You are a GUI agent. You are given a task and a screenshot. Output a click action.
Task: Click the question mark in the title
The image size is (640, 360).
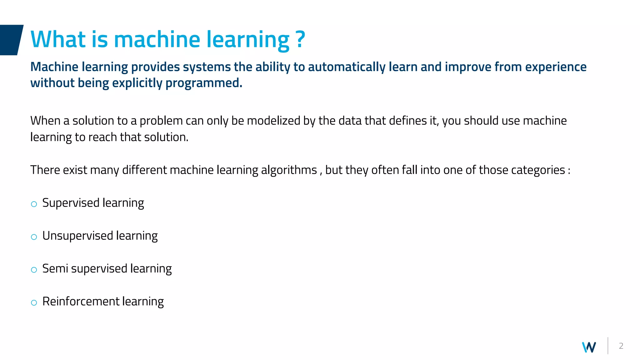[x=300, y=39]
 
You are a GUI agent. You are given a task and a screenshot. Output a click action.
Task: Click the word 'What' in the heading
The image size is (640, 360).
[x=58, y=39]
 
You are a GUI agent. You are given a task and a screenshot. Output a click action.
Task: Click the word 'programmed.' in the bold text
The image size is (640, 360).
[x=204, y=83]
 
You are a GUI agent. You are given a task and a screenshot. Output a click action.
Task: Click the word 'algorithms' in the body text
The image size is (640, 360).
[x=289, y=170]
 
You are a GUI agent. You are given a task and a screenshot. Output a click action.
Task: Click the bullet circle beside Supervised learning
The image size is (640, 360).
[x=34, y=204]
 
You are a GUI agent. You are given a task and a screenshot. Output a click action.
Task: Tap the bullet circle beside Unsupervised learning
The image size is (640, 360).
[x=34, y=237]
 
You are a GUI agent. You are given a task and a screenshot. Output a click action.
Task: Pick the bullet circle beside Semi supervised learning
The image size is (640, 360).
[x=34, y=270]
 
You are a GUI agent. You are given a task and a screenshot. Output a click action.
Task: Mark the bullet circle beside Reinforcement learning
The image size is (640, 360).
[x=34, y=303]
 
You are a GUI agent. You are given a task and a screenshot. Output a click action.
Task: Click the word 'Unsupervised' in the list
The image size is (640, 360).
[x=77, y=236]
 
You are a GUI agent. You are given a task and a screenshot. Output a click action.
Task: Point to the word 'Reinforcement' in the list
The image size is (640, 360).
[x=81, y=302]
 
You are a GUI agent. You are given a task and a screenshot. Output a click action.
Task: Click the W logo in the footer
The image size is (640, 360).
[x=589, y=347]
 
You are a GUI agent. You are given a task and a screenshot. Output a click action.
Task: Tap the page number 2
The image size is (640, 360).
[x=621, y=346]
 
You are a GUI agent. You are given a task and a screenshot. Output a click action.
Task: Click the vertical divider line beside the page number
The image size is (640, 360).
[x=608, y=346]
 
